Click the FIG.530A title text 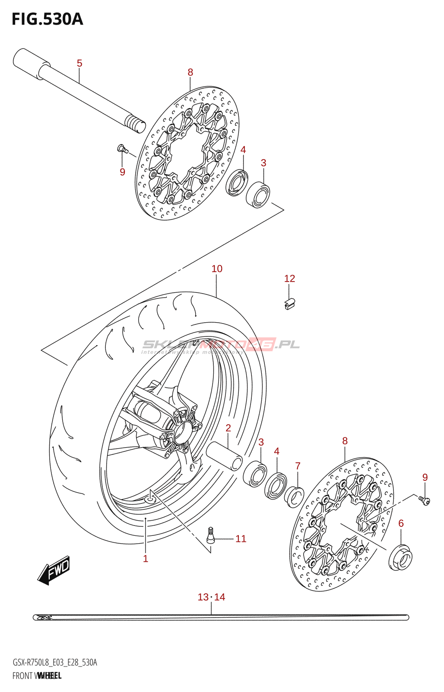pyautogui.click(x=47, y=19)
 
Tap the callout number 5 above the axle pyautogui.click(x=79, y=63)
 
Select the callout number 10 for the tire pyautogui.click(x=217, y=269)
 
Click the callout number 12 pyautogui.click(x=289, y=279)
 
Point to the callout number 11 pyautogui.click(x=241, y=538)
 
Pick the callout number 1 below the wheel pyautogui.click(x=146, y=558)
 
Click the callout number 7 pyautogui.click(x=298, y=466)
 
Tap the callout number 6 pyautogui.click(x=401, y=523)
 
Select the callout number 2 pyautogui.click(x=228, y=428)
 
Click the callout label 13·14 pyautogui.click(x=211, y=597)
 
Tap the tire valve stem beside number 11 pyautogui.click(x=211, y=535)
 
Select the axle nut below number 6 pyautogui.click(x=400, y=558)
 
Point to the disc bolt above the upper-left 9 pyautogui.click(x=122, y=149)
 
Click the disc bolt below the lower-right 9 pyautogui.click(x=425, y=501)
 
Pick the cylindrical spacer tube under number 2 pyautogui.click(x=224, y=456)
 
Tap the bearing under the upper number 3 pyautogui.click(x=258, y=195)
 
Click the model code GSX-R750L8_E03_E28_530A pyautogui.click(x=55, y=662)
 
